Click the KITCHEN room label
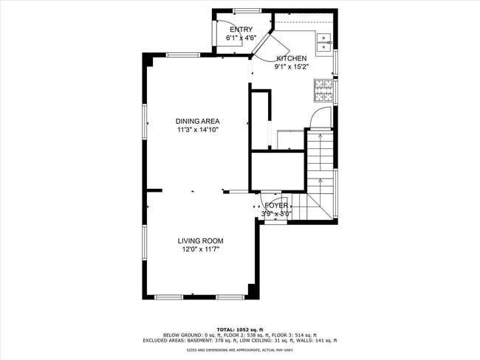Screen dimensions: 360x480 [292, 58]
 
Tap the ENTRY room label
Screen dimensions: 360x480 [241, 30]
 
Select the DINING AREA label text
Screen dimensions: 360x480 [197, 122]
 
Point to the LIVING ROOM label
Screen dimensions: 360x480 [199, 241]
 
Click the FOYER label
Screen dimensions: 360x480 [276, 206]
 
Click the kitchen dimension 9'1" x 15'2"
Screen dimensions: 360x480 [292, 66]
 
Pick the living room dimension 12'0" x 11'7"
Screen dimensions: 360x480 [199, 249]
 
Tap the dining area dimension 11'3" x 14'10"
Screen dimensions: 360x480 [197, 130]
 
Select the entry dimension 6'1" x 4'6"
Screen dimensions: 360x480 [241, 38]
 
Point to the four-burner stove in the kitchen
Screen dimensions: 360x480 [323, 92]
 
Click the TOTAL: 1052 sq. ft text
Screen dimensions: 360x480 [239, 329]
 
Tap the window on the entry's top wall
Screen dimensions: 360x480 [243, 10]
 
